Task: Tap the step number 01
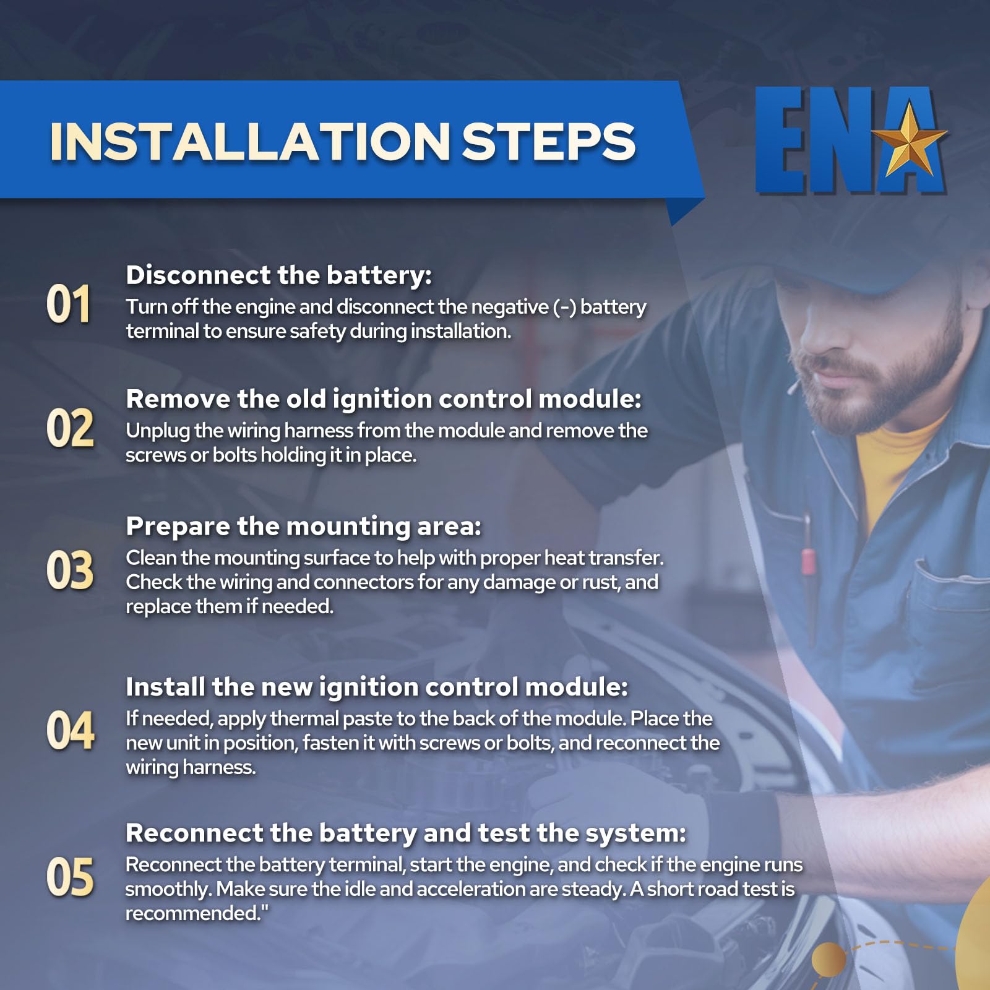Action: [x=69, y=304]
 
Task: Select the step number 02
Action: [x=70, y=428]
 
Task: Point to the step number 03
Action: [x=70, y=570]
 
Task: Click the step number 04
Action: [x=71, y=731]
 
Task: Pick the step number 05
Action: [x=70, y=877]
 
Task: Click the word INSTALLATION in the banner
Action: [x=250, y=142]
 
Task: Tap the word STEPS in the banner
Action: [x=549, y=142]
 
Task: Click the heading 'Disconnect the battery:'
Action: [x=278, y=275]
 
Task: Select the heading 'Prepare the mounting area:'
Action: [x=303, y=527]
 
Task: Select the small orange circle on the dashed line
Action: [x=829, y=960]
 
